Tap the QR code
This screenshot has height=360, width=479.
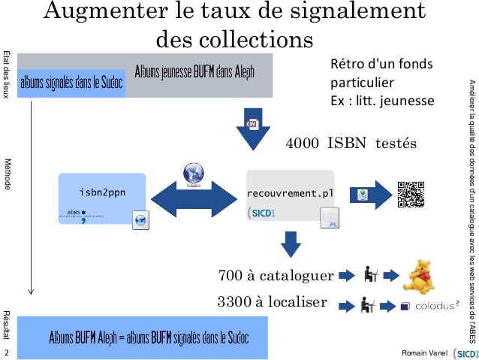pos(411,195)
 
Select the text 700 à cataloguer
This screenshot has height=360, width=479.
pos(275,276)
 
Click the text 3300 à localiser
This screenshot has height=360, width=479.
pos(272,303)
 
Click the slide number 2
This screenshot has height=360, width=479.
pos(7,352)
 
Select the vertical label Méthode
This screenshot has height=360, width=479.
pos(7,174)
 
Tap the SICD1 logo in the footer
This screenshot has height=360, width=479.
pos(464,351)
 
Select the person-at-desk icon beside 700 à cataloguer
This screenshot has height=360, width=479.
pos(370,276)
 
